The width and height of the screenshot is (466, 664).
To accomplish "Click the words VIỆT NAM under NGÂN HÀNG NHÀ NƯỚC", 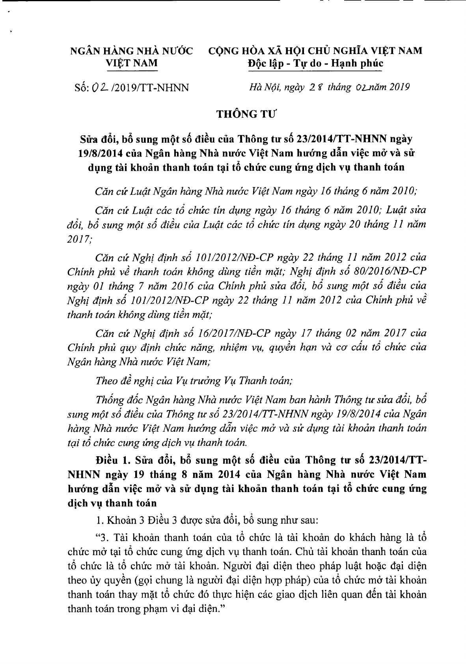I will (132, 63).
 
